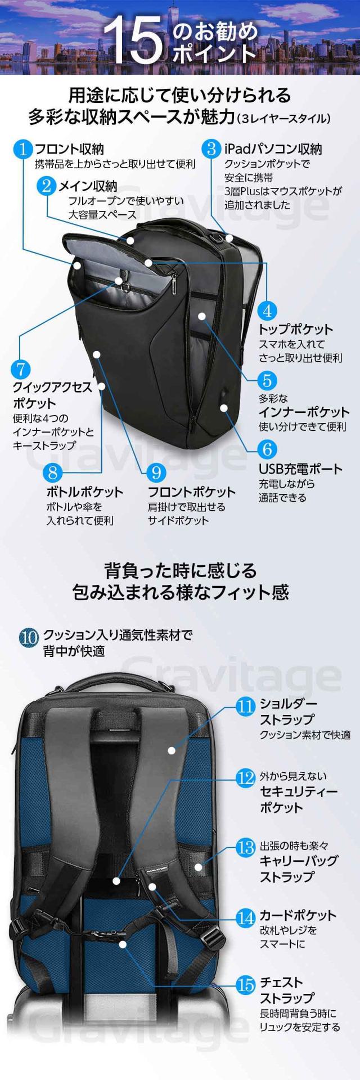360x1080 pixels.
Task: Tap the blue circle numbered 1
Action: tap(24, 150)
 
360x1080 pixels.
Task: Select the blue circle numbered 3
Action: tap(211, 149)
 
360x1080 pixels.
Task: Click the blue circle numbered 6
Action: tap(267, 449)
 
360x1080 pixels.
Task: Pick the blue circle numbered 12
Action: tap(246, 778)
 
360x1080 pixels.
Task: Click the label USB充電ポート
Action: tap(300, 469)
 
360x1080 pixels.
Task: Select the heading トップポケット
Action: tap(295, 329)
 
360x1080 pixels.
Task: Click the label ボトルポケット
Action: tap(84, 492)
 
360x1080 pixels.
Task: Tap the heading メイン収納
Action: tap(88, 186)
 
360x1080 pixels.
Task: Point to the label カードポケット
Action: tap(298, 915)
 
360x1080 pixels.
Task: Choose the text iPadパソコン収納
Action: tap(273, 149)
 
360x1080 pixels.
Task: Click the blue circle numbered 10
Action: tap(29, 637)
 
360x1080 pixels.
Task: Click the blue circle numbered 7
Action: tap(21, 370)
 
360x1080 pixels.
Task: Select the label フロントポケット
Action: tap(191, 492)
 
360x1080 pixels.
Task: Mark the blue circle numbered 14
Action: tap(246, 918)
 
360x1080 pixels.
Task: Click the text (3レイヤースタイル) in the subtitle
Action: tap(283, 118)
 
